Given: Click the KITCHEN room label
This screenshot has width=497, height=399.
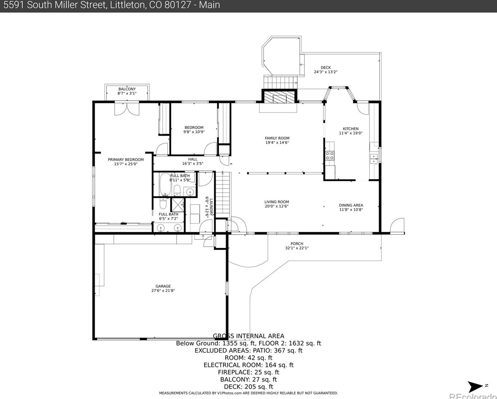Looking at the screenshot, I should coord(351,129).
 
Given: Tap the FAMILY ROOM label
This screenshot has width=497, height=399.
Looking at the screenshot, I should coord(277,138).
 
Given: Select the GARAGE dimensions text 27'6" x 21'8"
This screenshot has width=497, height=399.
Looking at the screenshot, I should coord(163,291).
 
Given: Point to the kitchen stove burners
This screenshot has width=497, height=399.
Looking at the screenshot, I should coord(330,156).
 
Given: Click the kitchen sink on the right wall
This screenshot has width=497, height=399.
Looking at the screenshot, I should coord(374,158).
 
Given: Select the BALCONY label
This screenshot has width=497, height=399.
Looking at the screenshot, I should coord(127,89).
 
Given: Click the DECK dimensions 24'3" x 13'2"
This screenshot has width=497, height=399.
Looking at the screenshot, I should coord(326,72).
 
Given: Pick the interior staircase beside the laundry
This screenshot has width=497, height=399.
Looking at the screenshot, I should coord(223,194).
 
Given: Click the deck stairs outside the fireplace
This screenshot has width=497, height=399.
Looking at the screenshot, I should coord(280,81).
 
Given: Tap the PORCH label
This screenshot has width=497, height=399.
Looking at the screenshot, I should coord(297,244).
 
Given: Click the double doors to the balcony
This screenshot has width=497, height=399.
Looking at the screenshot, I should coord(127,109).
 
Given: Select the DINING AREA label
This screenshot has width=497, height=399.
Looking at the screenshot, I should coord(351,205).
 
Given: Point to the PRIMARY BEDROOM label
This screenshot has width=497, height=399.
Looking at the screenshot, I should coord(126,160).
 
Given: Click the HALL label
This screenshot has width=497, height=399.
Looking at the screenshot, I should coord(193,159).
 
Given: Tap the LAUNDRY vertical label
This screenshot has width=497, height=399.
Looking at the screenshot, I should coord(211,207).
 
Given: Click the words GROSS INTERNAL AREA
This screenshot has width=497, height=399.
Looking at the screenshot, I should coord(249,336).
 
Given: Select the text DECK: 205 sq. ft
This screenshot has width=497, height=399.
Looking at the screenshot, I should coord(249,387).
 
